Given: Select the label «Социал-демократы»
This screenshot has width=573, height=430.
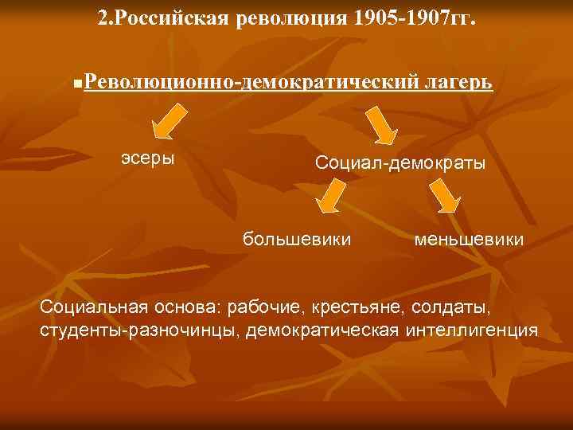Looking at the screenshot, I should pyautogui.click(x=400, y=162).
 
